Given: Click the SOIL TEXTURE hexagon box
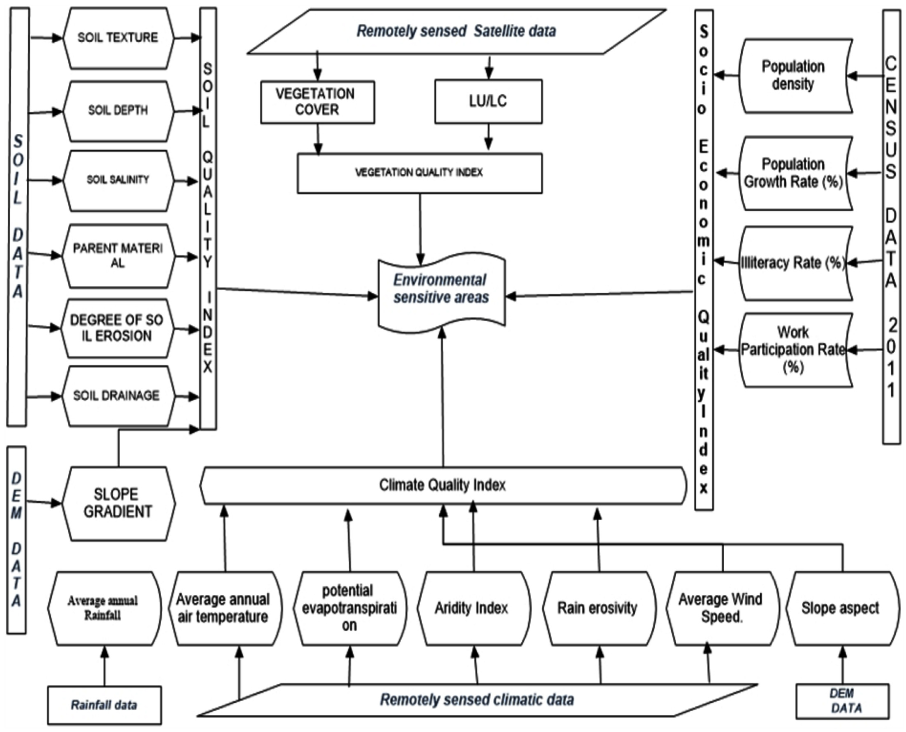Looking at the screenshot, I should click(118, 38).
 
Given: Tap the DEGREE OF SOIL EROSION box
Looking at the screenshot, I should click(117, 328).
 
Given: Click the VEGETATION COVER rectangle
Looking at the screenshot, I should click(317, 102).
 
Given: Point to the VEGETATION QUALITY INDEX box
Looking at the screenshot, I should click(419, 173).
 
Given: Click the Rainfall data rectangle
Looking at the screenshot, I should click(104, 705).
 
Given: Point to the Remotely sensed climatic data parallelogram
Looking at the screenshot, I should click(476, 700).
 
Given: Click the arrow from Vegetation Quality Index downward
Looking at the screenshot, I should click(420, 228).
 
